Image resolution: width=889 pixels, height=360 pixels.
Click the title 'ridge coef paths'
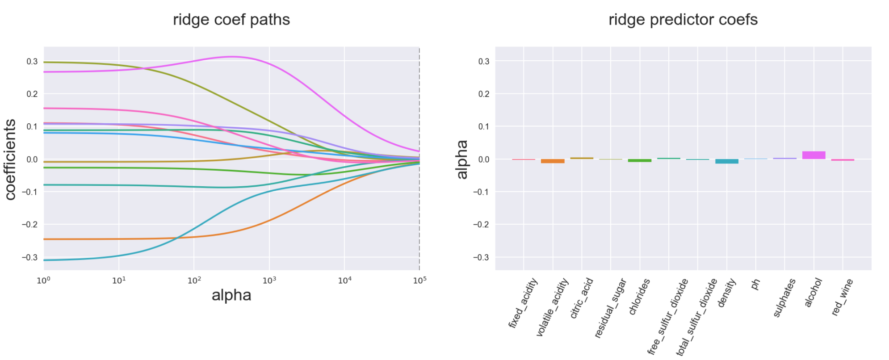pyautogui.click(x=231, y=20)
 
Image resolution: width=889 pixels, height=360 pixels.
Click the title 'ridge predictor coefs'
pyautogui.click(x=683, y=20)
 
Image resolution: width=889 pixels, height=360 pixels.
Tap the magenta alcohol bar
pyautogui.click(x=814, y=155)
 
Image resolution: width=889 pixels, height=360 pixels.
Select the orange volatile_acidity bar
pyautogui.click(x=553, y=161)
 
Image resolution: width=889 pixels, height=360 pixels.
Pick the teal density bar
pyautogui.click(x=727, y=161)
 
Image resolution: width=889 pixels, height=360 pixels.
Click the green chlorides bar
pyautogui.click(x=640, y=160)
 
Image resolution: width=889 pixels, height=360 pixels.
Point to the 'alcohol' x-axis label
pyautogui.click(x=813, y=293)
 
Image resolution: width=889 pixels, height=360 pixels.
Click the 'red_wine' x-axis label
pyautogui.click(x=842, y=297)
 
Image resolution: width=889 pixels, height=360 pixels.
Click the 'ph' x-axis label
pyautogui.click(x=755, y=285)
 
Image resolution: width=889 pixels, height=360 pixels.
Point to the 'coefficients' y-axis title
pyautogui.click(x=10, y=159)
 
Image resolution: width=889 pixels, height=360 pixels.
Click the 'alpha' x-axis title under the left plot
pyautogui.click(x=231, y=295)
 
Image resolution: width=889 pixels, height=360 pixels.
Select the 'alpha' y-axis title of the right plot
pyautogui.click(x=462, y=159)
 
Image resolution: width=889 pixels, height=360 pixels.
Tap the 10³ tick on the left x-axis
pyautogui.click(x=269, y=280)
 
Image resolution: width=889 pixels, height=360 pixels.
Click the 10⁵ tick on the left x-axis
pyautogui.click(x=419, y=280)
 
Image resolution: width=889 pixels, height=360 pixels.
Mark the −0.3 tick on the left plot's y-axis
pyautogui.click(x=30, y=257)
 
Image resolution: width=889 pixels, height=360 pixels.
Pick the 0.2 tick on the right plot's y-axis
pyautogui.click(x=483, y=94)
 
